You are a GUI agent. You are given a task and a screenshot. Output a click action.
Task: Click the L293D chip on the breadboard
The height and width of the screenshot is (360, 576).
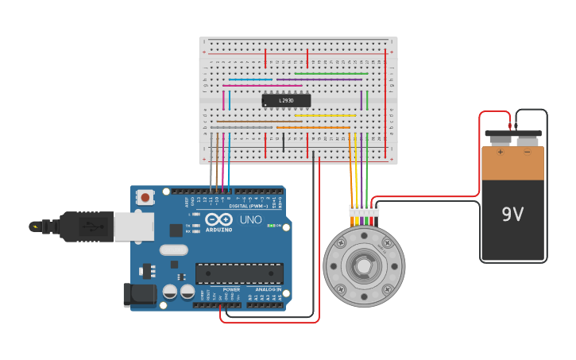pos(286,100)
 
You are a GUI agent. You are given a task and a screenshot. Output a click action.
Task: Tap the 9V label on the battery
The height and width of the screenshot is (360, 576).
pos(512,214)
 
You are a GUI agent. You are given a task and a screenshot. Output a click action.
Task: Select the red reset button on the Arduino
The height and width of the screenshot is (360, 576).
pos(146,196)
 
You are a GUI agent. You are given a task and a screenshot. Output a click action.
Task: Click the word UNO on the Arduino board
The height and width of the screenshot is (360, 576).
pos(251,219)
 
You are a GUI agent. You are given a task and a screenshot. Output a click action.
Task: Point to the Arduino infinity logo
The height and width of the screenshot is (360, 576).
pos(218,219)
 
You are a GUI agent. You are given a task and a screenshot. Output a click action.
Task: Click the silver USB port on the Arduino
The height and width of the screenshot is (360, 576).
pos(133,226)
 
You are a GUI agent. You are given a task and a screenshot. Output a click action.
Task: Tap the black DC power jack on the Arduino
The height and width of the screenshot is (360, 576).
pos(140,294)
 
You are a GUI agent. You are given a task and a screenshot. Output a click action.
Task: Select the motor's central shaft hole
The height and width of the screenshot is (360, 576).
pos(364,265)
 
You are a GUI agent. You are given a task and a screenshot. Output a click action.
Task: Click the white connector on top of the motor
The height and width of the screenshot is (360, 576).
pos(364,211)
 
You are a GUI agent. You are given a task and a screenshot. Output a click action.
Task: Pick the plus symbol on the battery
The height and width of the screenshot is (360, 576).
pos(501,151)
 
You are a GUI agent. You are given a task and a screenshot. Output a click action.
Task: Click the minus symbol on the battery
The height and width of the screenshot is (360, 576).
pos(526,151)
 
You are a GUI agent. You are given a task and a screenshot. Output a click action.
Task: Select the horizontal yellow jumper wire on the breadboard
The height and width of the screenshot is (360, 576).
pos(325,115)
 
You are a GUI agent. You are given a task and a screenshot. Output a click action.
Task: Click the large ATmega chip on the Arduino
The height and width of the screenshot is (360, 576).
pos(239,273)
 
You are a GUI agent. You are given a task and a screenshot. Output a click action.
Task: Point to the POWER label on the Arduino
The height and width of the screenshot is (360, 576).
pos(231,289)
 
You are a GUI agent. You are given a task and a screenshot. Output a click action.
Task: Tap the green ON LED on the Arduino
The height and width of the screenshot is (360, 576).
pos(271,226)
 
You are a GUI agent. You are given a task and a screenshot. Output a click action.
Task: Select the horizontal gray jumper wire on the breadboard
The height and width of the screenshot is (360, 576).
pos(242,127)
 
